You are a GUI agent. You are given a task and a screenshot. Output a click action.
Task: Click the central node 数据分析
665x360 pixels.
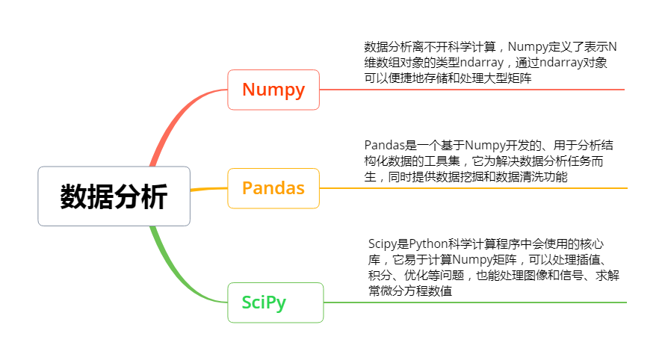(x=114, y=196)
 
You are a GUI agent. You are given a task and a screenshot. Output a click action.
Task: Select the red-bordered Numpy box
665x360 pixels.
(x=273, y=90)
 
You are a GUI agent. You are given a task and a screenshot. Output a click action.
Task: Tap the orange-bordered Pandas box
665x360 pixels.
(x=273, y=188)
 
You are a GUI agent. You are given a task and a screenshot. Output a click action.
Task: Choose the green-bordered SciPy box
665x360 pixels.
(x=275, y=302)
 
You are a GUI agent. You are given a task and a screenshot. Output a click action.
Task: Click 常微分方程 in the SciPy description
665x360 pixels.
(x=399, y=292)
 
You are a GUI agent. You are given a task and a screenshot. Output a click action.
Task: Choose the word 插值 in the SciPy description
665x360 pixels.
(x=590, y=260)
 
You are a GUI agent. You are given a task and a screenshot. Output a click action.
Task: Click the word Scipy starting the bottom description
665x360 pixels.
(x=385, y=243)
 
